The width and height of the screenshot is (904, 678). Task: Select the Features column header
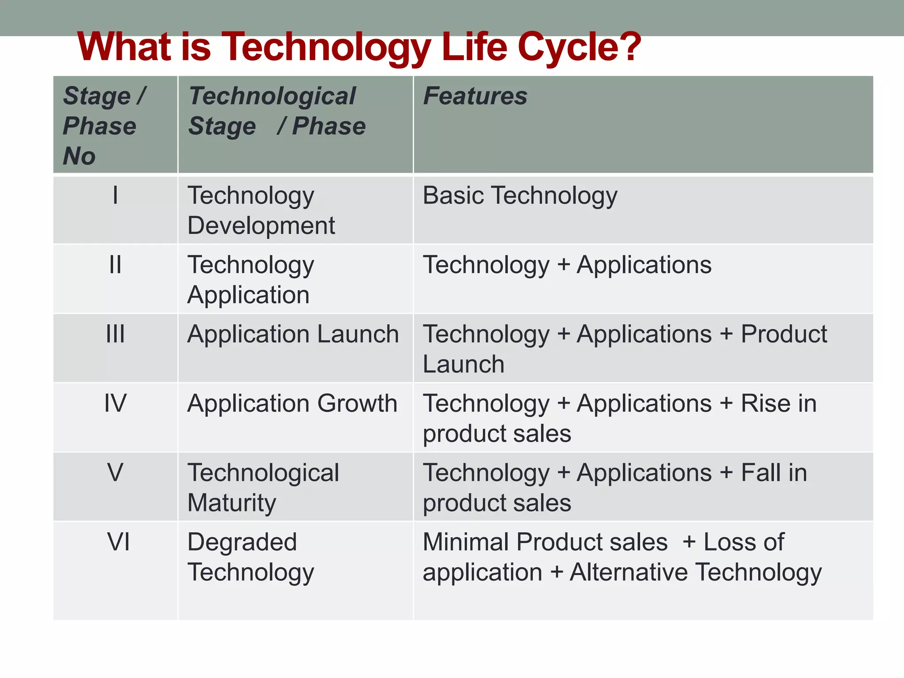click(475, 96)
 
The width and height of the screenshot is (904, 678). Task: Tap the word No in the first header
click(79, 156)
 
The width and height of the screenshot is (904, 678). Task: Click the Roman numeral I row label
click(115, 195)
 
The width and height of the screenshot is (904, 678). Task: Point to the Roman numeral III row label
click(115, 334)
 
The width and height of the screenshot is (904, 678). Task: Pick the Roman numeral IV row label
click(115, 403)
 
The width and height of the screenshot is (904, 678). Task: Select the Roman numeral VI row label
click(118, 542)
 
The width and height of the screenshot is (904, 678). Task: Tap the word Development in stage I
click(261, 226)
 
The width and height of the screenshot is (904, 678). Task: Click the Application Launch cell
click(293, 334)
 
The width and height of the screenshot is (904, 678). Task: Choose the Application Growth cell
click(292, 403)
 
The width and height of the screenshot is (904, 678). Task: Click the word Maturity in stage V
click(232, 503)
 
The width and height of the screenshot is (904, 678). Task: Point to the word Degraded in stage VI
click(242, 542)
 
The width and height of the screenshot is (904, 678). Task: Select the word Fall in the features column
click(758, 472)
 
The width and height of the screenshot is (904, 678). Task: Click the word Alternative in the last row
click(629, 572)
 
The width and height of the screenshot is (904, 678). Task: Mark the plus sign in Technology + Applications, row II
click(563, 265)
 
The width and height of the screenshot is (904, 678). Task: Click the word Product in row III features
click(783, 334)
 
